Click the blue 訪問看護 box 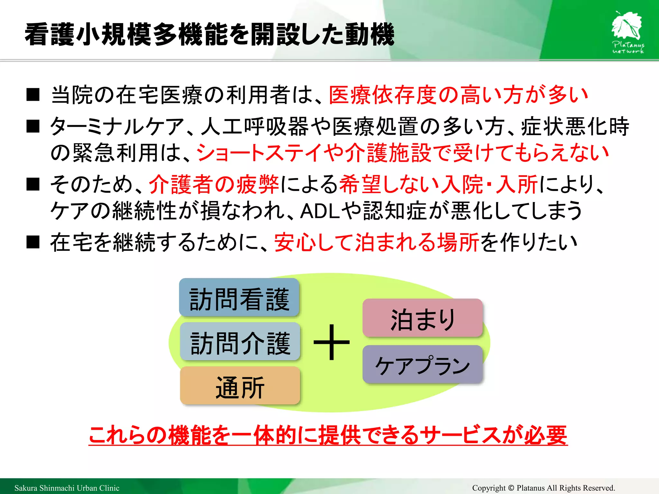pos(239,298)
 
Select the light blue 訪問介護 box pos(240,342)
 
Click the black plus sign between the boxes pos(331,342)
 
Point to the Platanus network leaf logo pos(627,32)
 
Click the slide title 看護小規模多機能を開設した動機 pos(209,34)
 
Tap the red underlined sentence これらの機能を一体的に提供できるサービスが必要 pos(328,435)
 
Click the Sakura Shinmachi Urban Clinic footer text pos(67,488)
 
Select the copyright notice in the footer pos(543,488)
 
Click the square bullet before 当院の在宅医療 pos(33,95)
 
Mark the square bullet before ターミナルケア pos(33,126)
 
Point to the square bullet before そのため pos(33,184)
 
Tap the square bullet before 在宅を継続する pos(33,242)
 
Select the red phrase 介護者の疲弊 pos(214,185)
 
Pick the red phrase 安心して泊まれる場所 pos(377,242)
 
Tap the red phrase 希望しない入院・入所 pos(438,185)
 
